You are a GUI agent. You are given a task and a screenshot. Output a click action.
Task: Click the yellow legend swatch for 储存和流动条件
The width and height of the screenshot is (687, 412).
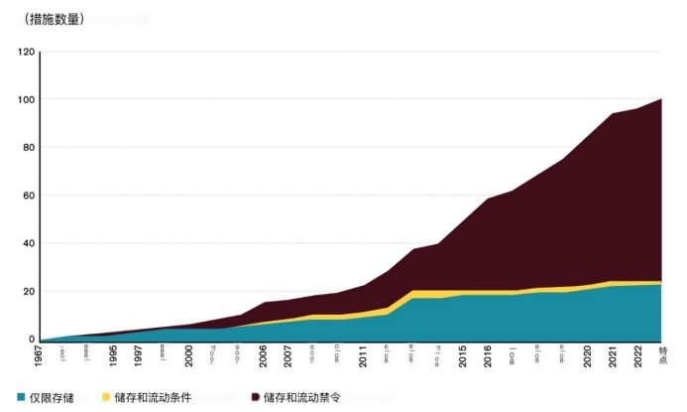tap(107, 397)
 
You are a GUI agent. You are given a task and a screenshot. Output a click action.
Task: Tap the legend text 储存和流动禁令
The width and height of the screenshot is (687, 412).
tap(302, 397)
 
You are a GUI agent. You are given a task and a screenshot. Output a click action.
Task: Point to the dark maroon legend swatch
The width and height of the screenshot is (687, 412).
tap(256, 397)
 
